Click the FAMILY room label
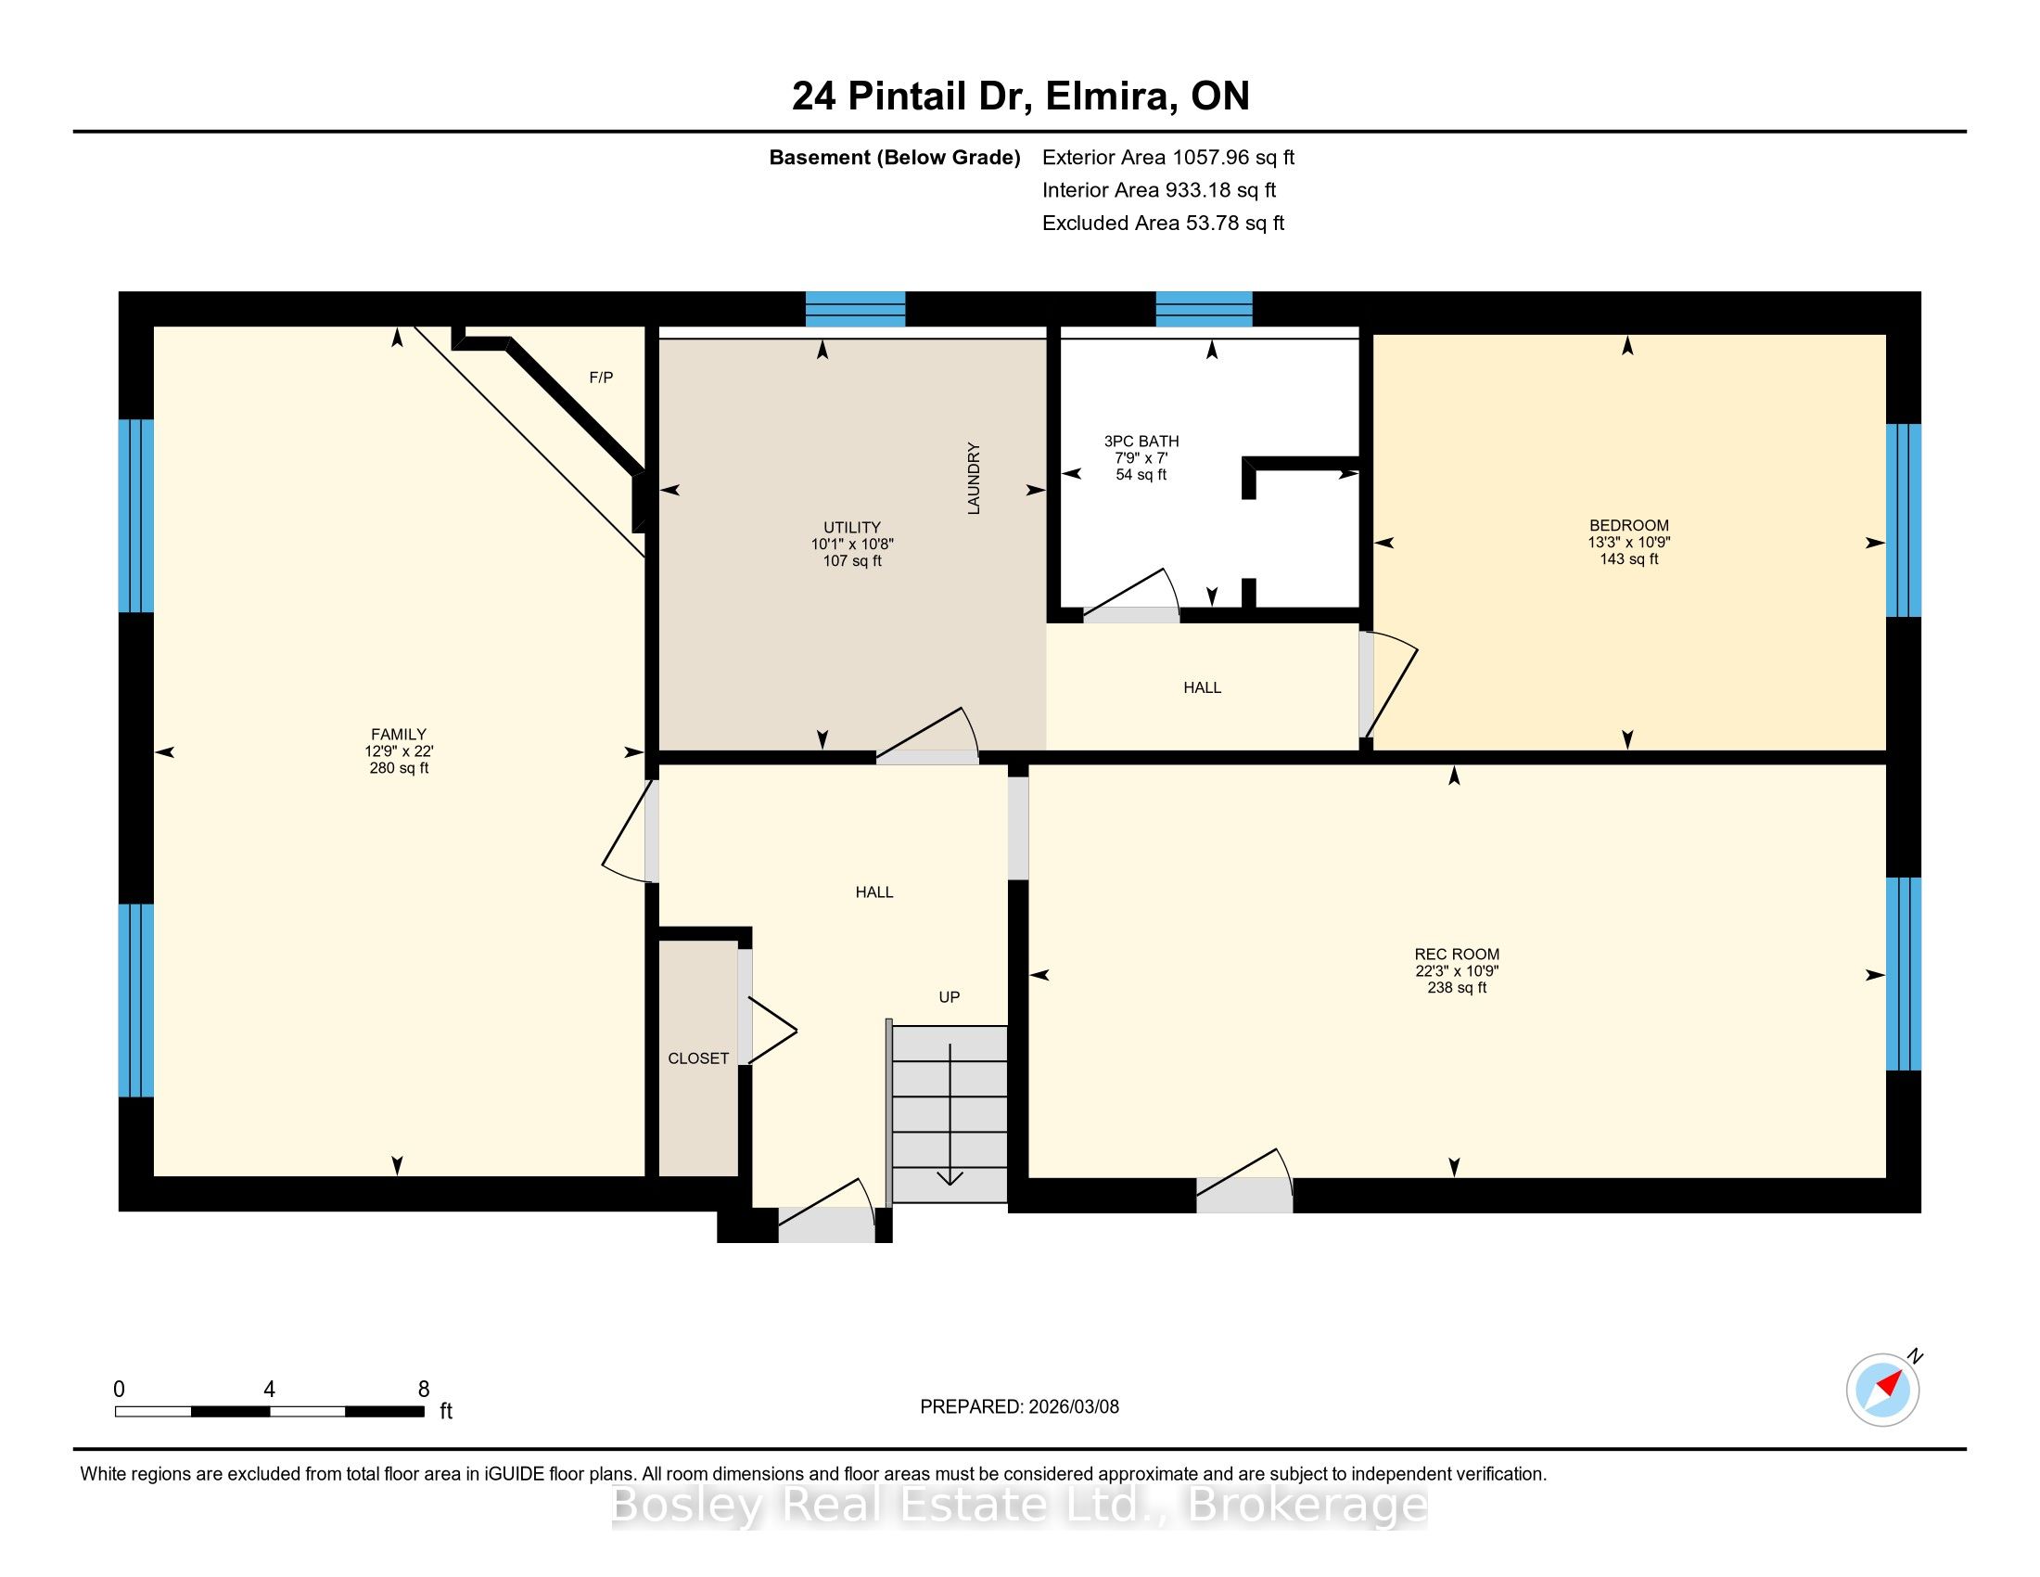[x=399, y=735]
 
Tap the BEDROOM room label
[x=1629, y=525]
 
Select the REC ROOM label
[x=1457, y=954]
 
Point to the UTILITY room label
[x=852, y=527]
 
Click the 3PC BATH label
[x=1141, y=441]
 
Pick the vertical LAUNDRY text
[x=975, y=479]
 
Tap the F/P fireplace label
[x=602, y=378]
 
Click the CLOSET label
[x=698, y=1058]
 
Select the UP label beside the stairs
[x=949, y=997]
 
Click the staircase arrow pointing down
[x=950, y=1114]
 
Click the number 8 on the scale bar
[x=423, y=1390]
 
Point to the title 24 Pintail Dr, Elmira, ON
[x=1021, y=96]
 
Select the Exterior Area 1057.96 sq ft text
[x=1168, y=157]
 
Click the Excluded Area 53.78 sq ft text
[x=1164, y=223]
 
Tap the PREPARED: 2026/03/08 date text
[x=1019, y=1406]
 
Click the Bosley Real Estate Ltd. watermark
[x=1020, y=1505]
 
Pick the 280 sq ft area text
[x=399, y=768]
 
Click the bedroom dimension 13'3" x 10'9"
[x=1629, y=542]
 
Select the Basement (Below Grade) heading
[x=895, y=157]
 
